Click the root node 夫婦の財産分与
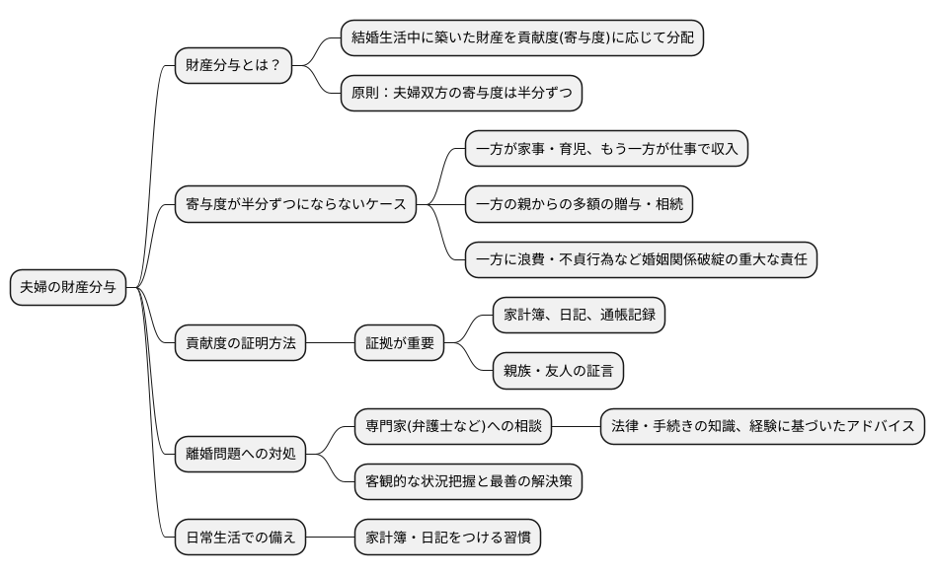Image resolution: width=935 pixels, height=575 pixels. (67, 288)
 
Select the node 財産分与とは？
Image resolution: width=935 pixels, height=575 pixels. (233, 68)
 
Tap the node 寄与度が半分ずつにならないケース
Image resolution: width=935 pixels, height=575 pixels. (293, 205)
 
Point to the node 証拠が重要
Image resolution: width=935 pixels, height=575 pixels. (400, 344)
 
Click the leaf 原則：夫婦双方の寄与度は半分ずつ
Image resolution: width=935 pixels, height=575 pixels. (460, 95)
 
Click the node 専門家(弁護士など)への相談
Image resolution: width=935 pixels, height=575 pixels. (453, 427)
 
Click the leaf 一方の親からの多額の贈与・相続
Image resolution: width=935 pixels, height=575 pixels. (579, 205)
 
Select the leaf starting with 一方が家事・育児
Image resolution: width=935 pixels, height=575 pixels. (606, 150)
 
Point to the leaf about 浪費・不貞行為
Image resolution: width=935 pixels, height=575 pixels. (641, 260)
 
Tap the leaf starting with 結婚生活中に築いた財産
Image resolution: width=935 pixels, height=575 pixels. (521, 38)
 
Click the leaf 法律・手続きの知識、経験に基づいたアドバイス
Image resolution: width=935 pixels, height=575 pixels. (762, 427)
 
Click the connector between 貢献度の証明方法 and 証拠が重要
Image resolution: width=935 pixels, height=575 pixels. (331, 344)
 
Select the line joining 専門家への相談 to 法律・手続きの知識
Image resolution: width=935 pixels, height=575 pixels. (577, 427)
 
